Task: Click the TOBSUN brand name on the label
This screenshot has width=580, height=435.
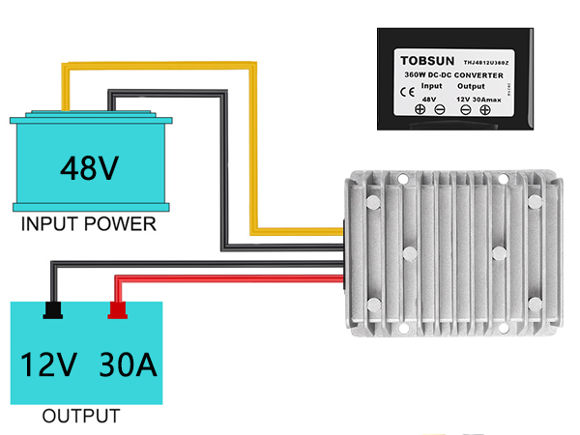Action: [425, 59]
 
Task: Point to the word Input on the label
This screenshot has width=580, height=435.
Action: [432, 86]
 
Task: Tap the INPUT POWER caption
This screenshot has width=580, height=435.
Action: [88, 225]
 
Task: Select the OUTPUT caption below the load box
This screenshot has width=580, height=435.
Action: [81, 418]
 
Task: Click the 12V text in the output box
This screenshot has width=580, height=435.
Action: [48, 365]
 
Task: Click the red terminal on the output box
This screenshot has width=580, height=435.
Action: [118, 309]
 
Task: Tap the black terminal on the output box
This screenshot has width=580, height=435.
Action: [52, 309]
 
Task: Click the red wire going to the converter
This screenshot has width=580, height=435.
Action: [232, 278]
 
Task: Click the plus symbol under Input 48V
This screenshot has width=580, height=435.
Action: [420, 110]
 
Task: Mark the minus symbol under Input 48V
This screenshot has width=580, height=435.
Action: [439, 110]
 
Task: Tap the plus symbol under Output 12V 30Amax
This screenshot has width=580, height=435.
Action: [485, 110]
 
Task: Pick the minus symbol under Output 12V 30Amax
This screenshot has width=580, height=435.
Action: [466, 110]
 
